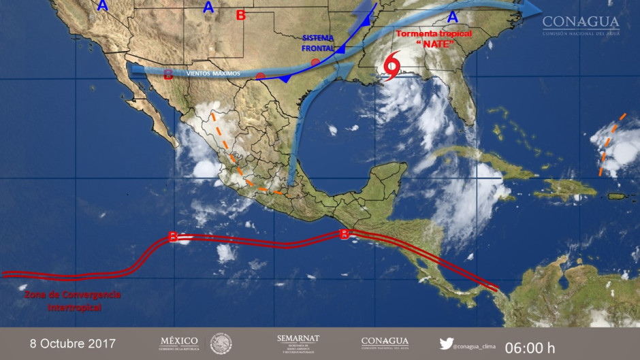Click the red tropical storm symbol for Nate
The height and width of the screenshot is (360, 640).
click(x=392, y=67)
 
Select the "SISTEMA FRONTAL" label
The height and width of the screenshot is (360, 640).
click(x=319, y=42)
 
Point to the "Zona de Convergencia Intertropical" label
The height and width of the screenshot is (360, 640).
click(x=73, y=301)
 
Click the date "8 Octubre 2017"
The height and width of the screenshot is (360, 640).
click(x=73, y=344)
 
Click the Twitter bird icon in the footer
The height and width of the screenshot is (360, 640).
click(x=446, y=344)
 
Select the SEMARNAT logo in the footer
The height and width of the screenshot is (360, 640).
click(x=298, y=344)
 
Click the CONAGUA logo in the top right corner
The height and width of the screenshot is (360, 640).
click(x=581, y=26)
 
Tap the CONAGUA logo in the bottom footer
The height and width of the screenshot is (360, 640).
click(x=385, y=344)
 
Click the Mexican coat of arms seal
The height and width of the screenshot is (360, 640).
click(x=221, y=344)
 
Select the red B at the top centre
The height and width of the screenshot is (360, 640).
click(x=240, y=15)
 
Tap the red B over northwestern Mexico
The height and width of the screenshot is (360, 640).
click(x=167, y=75)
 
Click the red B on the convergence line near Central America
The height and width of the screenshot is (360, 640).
click(x=345, y=234)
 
